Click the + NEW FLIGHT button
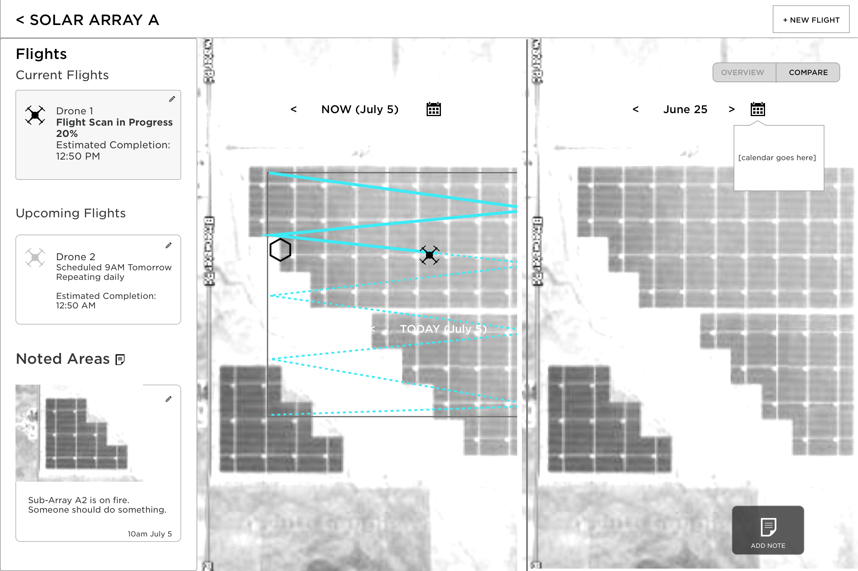(811, 20)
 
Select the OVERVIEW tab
(742, 72)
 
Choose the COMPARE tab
(808, 72)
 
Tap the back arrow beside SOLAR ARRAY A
(20, 20)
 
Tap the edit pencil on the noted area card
(168, 399)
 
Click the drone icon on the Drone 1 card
(35, 116)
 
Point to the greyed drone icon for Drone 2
(35, 258)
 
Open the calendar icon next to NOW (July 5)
(433, 109)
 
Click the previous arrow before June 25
(636, 109)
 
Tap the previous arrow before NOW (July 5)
(294, 109)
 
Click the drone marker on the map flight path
(429, 255)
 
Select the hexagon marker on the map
(280, 250)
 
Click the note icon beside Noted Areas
(120, 359)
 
